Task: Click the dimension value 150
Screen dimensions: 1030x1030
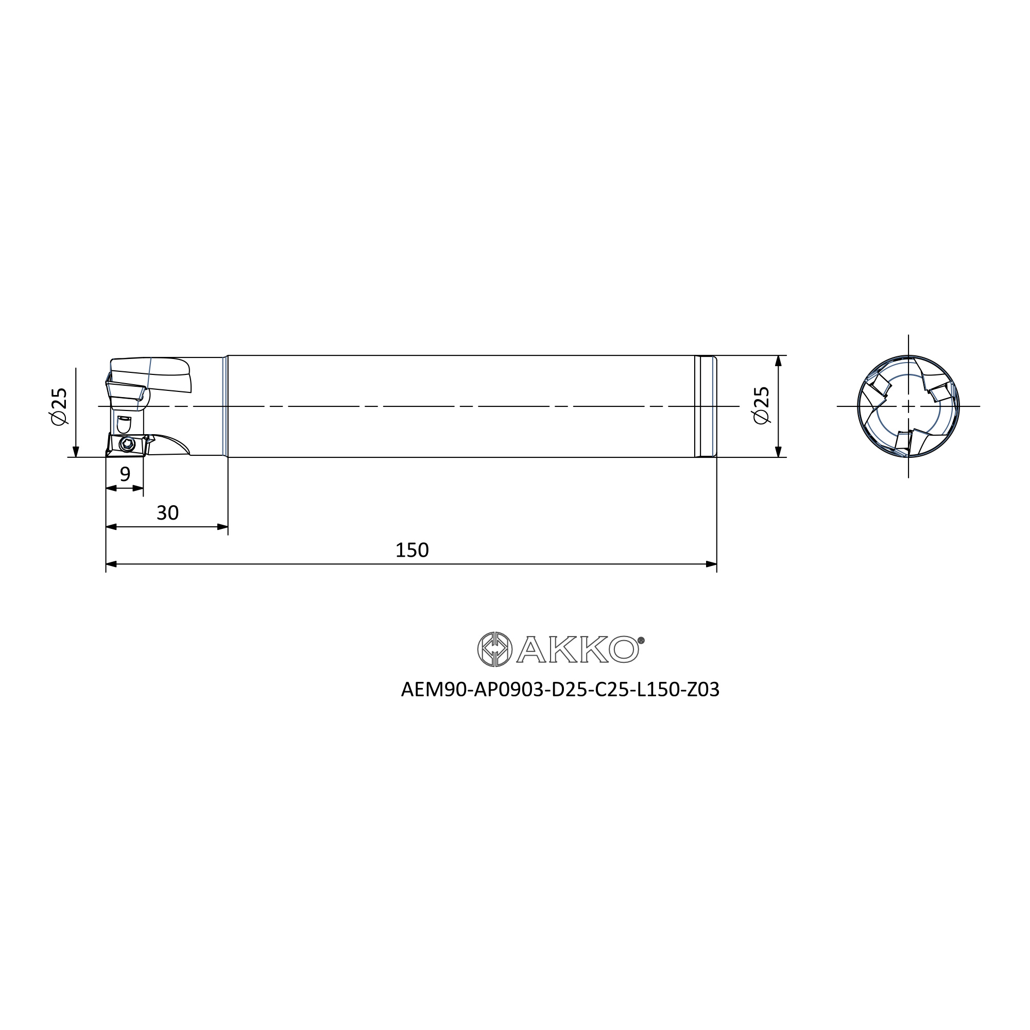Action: pyautogui.click(x=411, y=550)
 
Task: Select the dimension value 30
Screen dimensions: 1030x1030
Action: pyautogui.click(x=167, y=513)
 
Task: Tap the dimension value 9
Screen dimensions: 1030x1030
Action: pyautogui.click(x=125, y=473)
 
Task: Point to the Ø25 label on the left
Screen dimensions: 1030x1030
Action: pyautogui.click(x=60, y=406)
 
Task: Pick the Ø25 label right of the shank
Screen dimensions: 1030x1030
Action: pyautogui.click(x=762, y=405)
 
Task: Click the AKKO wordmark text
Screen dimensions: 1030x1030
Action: pyautogui.click(x=577, y=649)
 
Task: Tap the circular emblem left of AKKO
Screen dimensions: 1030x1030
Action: pyautogui.click(x=494, y=649)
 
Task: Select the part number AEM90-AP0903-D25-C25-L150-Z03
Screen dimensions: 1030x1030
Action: pyautogui.click(x=560, y=690)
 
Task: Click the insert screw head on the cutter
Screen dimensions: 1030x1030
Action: pyautogui.click(x=127, y=444)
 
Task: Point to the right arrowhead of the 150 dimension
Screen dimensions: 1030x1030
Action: pyautogui.click(x=711, y=564)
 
